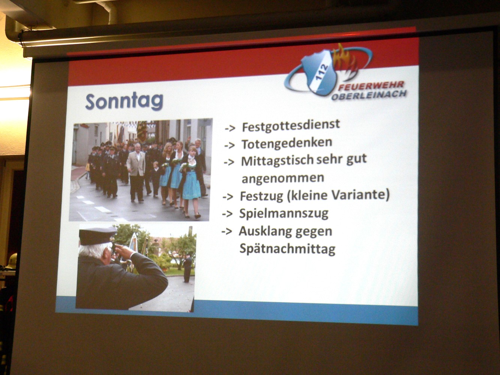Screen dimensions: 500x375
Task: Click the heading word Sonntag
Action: (125, 102)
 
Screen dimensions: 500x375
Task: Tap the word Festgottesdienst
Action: (291, 126)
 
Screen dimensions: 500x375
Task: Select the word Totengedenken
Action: (287, 144)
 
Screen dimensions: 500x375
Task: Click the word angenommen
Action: (283, 178)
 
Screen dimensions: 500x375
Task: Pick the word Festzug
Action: (261, 196)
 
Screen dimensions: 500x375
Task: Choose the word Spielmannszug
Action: (284, 214)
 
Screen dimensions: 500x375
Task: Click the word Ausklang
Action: (263, 232)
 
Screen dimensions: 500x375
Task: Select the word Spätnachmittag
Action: (287, 249)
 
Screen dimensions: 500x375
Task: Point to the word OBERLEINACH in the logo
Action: (369, 95)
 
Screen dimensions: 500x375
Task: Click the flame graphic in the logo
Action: (344, 61)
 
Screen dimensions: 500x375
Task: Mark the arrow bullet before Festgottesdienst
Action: (230, 128)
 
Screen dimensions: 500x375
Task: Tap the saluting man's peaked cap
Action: (98, 236)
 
